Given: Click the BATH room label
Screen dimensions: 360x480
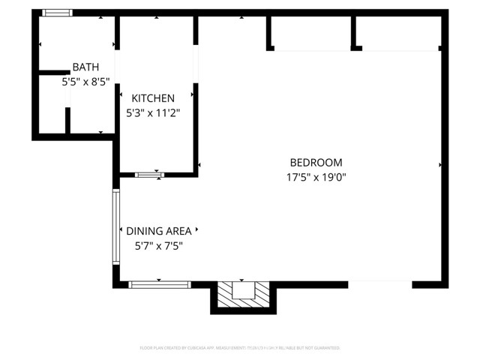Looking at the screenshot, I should click(x=85, y=67).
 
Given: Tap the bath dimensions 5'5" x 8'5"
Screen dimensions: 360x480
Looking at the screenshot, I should click(x=85, y=81).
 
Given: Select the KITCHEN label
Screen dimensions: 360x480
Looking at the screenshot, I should click(x=153, y=98).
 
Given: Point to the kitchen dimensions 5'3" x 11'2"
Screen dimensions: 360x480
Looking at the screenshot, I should click(x=153, y=112).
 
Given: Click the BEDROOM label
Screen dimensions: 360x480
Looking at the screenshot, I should click(x=316, y=163).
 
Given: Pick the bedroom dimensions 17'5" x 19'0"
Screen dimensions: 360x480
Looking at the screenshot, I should click(x=316, y=178).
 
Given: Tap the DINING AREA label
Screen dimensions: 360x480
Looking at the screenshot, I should click(x=158, y=231).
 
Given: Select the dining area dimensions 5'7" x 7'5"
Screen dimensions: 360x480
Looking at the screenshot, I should click(x=158, y=245).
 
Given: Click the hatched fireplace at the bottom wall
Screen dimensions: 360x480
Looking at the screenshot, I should click(x=243, y=295).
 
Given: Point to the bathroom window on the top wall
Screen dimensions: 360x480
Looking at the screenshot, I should click(x=57, y=13).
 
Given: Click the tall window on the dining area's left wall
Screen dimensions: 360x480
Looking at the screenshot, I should click(x=116, y=226).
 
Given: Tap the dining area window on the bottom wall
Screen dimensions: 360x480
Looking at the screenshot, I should click(x=160, y=284).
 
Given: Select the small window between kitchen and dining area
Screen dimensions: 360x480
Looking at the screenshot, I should click(x=149, y=175).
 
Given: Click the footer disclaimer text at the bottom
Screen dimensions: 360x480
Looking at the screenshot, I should click(x=240, y=348).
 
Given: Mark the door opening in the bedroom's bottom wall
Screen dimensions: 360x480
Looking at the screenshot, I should click(x=380, y=284).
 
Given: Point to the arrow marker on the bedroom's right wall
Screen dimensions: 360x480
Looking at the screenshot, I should click(x=440, y=164).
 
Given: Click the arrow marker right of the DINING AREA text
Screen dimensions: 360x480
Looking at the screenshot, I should click(x=198, y=231).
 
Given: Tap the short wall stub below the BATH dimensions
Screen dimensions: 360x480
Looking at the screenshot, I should click(x=67, y=121).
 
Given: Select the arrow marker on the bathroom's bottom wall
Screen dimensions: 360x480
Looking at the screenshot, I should click(x=101, y=133).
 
